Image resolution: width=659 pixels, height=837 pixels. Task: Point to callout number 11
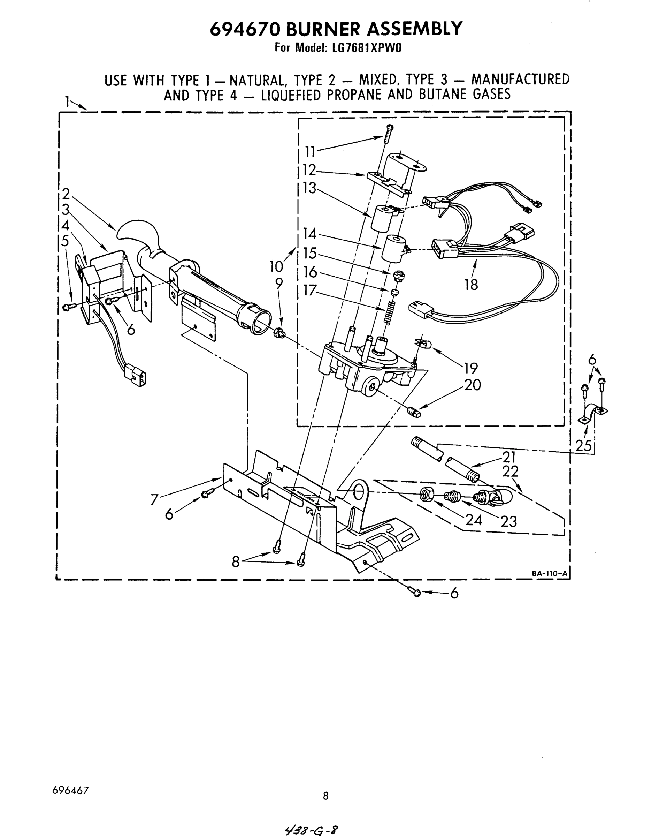(310, 152)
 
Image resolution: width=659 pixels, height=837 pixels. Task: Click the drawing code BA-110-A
(549, 574)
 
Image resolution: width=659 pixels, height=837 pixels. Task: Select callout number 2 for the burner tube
(66, 194)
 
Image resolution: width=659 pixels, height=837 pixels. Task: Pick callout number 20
(472, 385)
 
